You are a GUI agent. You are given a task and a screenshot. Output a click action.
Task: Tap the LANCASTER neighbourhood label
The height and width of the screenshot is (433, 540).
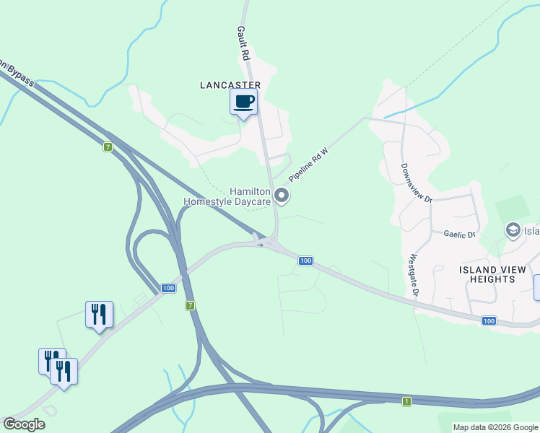(230, 84)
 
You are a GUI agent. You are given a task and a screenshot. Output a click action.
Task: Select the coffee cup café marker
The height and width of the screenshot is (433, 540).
(243, 101)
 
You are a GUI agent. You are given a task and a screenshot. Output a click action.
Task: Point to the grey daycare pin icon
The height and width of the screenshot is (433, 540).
(282, 196)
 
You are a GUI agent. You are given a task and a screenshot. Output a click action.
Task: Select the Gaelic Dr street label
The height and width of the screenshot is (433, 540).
(459, 235)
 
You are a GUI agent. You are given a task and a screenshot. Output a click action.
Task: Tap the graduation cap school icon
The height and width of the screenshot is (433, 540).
(513, 231)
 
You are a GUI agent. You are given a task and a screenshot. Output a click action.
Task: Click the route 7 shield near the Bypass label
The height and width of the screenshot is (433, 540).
(108, 147)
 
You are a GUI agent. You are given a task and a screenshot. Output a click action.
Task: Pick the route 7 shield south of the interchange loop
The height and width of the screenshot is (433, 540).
(191, 306)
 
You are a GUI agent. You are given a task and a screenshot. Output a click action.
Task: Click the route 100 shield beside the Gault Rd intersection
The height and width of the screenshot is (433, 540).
(305, 261)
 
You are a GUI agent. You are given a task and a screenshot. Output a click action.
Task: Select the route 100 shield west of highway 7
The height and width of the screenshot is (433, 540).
(168, 288)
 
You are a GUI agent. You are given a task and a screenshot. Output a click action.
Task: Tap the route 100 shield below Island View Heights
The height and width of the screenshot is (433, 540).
(489, 320)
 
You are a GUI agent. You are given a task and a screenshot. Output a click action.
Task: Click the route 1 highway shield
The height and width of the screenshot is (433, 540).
(407, 401)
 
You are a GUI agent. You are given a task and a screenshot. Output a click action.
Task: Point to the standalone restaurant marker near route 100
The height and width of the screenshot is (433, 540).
(99, 315)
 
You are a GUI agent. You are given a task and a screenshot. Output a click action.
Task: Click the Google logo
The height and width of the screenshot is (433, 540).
(24, 424)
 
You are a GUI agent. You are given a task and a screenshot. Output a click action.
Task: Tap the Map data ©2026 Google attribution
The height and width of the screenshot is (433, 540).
(495, 427)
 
